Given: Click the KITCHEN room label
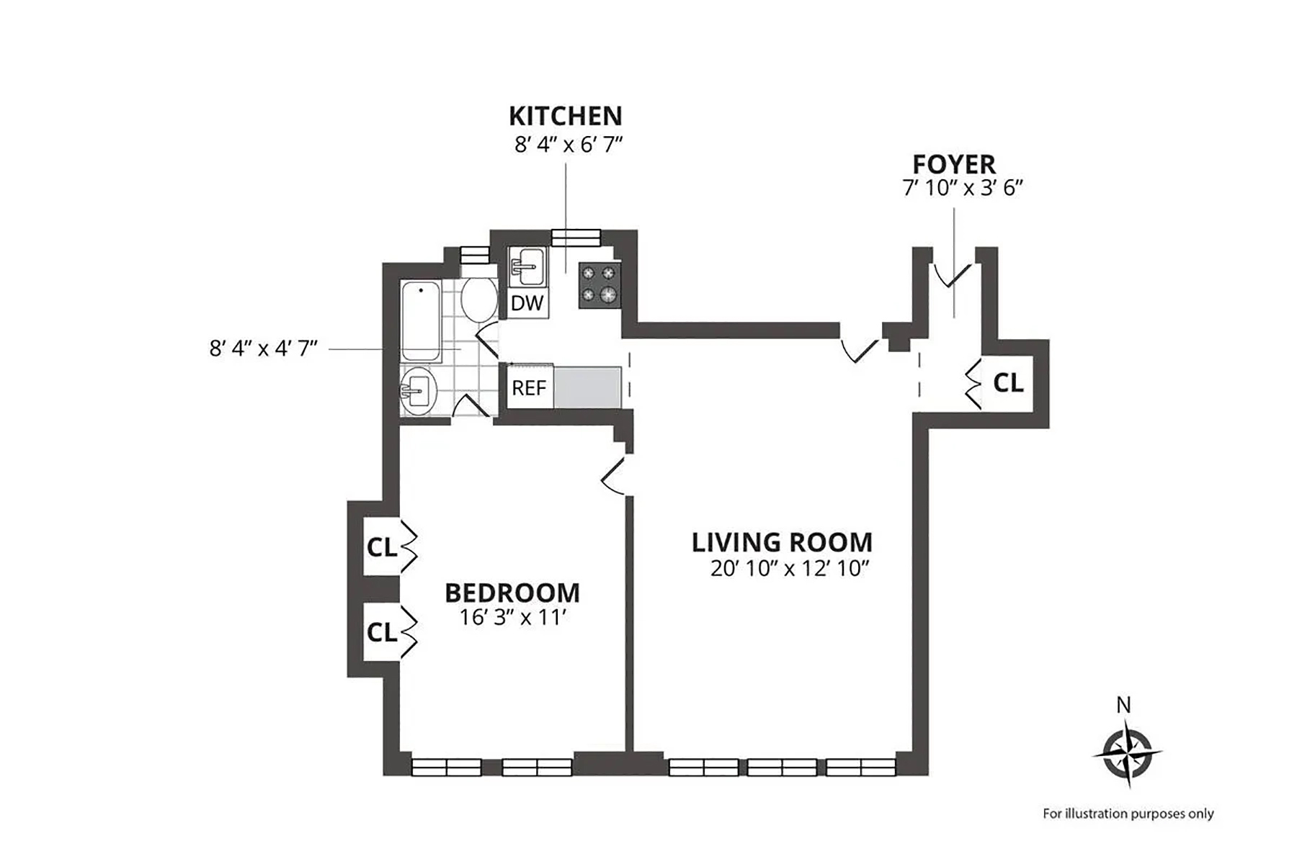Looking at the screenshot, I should pyautogui.click(x=565, y=116).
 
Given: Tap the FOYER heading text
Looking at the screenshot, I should pyautogui.click(x=954, y=164).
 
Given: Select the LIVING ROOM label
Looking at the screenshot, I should pyautogui.click(x=782, y=542).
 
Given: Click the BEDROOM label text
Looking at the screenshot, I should pyautogui.click(x=512, y=593).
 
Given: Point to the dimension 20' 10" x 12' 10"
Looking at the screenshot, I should pyautogui.click(x=790, y=569).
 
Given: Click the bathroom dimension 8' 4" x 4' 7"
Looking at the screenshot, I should pyautogui.click(x=264, y=348).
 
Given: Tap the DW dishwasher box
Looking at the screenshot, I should pyautogui.click(x=527, y=303).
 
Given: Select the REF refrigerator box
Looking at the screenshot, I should pyautogui.click(x=529, y=388).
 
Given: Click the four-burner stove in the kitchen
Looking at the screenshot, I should pyautogui.click(x=600, y=284).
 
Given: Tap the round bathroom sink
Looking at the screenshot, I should pyautogui.click(x=418, y=392).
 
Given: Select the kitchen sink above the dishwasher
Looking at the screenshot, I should pyautogui.click(x=528, y=266).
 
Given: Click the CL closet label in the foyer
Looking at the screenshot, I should pyautogui.click(x=1008, y=383).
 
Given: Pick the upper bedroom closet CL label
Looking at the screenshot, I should pyautogui.click(x=381, y=548).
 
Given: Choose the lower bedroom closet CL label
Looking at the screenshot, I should pyautogui.click(x=381, y=633).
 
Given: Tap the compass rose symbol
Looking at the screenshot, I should pyautogui.click(x=1126, y=755).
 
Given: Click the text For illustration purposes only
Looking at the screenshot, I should pyautogui.click(x=1128, y=814).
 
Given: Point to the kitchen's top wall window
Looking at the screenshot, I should pyautogui.click(x=576, y=237).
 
